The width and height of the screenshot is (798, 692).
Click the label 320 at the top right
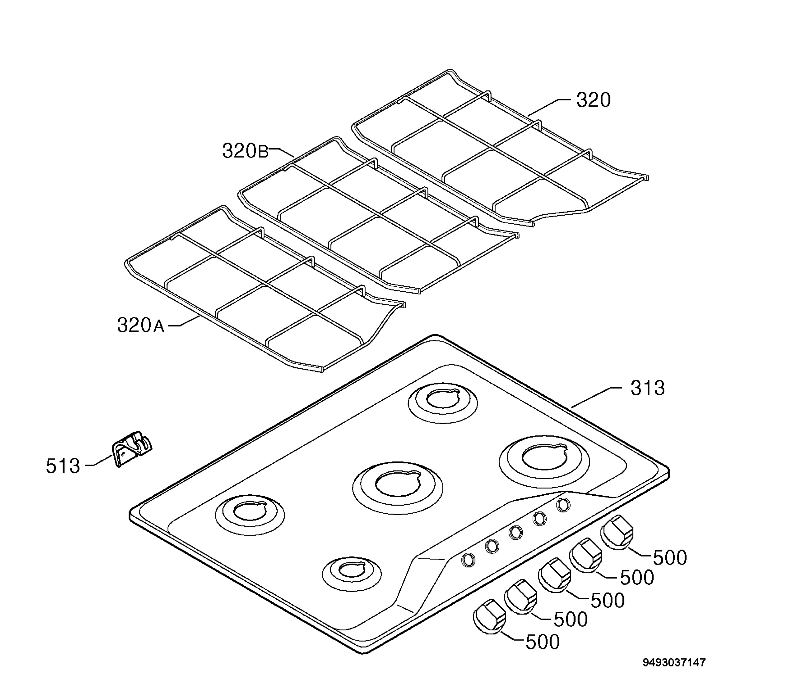point(593,100)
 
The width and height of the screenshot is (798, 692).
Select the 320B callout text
point(245,151)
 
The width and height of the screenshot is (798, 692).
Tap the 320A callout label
point(141,325)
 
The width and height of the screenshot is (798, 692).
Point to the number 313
point(648,388)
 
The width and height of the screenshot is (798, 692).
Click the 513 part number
point(63,466)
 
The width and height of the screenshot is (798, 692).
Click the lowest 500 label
point(543,642)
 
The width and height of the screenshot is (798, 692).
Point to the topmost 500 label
point(670,557)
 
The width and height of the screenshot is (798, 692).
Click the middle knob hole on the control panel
point(515,533)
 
